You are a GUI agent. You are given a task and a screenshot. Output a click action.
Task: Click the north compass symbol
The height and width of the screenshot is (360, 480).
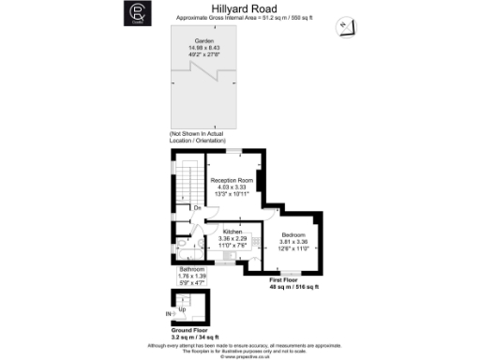pos(346,24)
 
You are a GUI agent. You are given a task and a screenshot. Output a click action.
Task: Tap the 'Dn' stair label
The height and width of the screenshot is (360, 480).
pos(198,207)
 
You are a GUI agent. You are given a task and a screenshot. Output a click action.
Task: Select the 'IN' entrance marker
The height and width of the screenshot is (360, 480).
pos(169,312)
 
